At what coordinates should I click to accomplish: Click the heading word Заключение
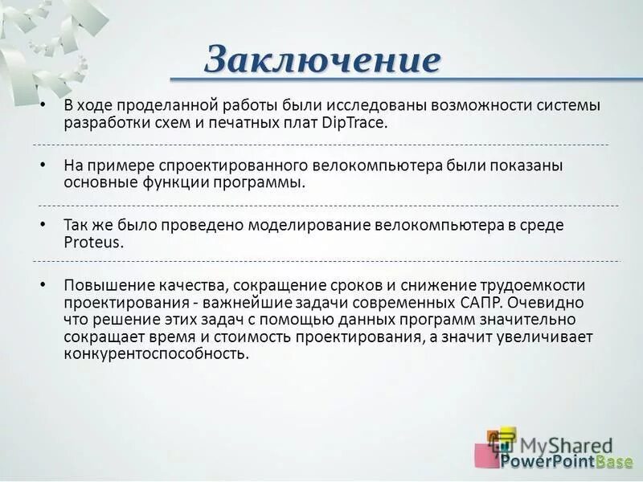tap(322, 59)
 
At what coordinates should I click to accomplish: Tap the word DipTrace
tap(354, 124)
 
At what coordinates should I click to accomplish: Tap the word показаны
tap(523, 165)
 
